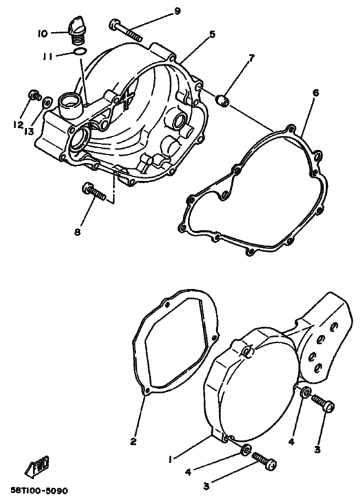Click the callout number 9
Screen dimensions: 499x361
pos(159,11)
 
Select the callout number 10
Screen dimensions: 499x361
pos(42,33)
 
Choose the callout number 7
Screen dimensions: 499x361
pos(251,58)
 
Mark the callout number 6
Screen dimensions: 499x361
pos(315,93)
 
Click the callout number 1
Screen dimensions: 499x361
pos(170,459)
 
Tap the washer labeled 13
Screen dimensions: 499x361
pos(46,101)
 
